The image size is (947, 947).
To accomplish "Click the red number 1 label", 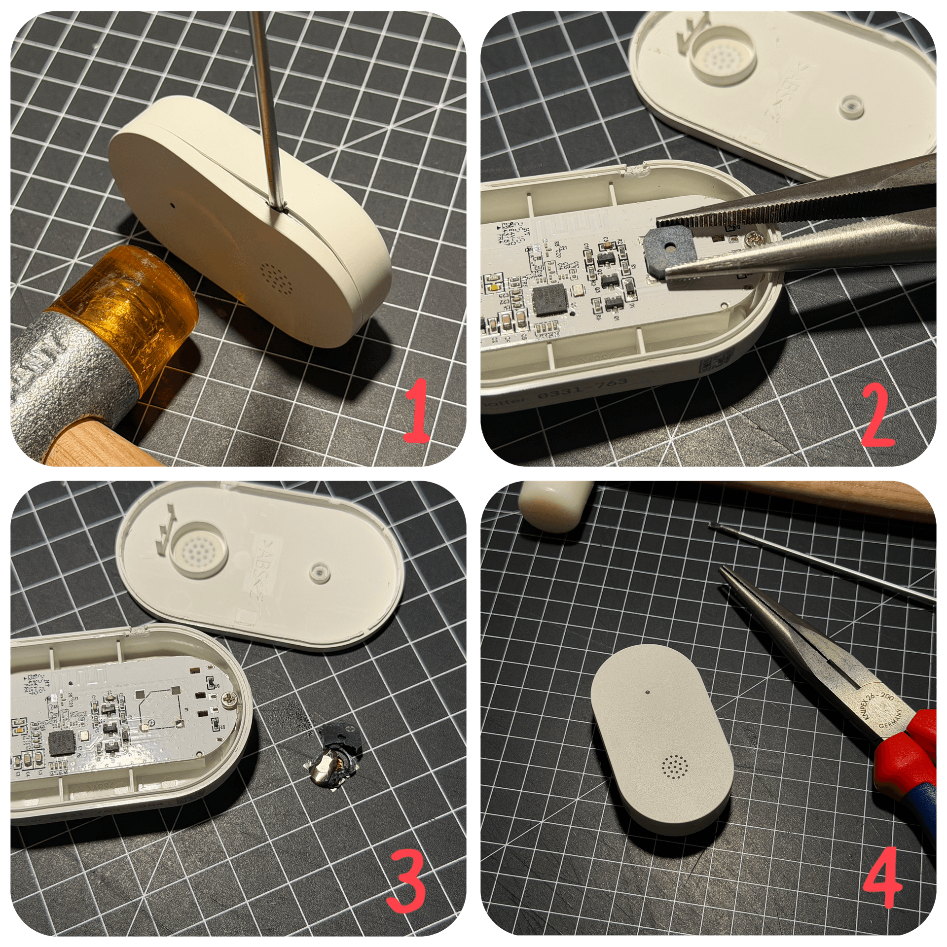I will coord(417,410).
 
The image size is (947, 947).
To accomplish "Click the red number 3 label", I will coord(405,885).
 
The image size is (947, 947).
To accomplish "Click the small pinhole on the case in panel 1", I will coord(173,203).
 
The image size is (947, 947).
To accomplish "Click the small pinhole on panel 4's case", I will coord(647,692).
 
